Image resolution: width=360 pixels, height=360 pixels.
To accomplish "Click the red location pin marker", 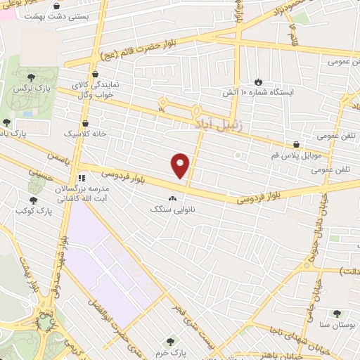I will point(181,165).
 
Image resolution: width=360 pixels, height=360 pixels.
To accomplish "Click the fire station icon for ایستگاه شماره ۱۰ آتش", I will point(258,82).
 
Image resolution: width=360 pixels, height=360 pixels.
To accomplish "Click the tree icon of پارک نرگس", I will point(30,78).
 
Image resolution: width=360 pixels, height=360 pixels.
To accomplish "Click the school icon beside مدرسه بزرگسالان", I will point(82,178).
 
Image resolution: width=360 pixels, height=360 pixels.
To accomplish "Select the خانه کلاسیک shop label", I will point(85,133).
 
